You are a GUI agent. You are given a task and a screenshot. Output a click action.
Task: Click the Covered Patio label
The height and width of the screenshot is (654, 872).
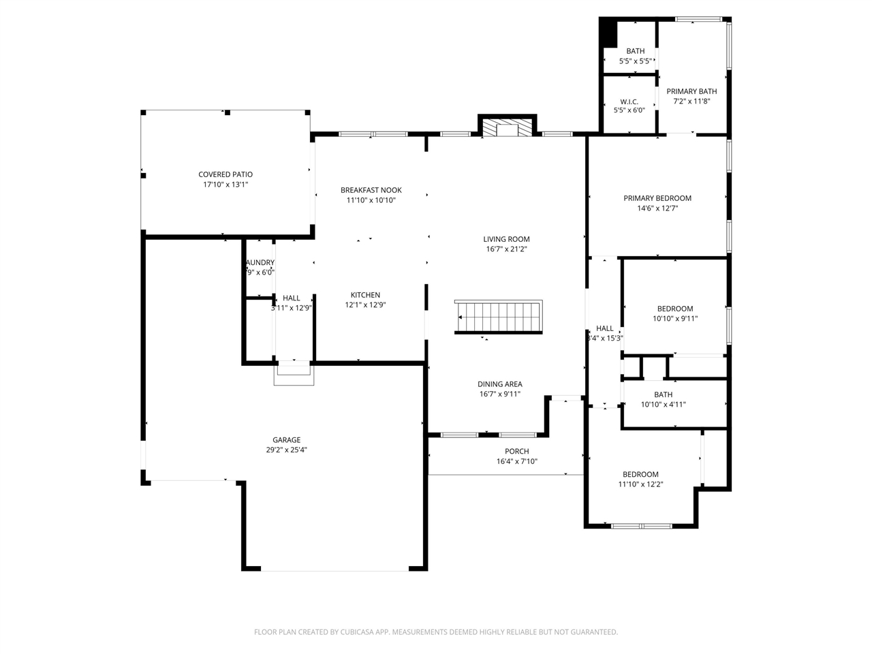click(225, 174)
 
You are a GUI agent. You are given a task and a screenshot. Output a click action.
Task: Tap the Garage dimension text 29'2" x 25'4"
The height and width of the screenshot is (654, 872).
click(287, 450)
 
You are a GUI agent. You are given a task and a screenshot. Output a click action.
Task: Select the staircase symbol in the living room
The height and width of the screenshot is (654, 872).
click(499, 317)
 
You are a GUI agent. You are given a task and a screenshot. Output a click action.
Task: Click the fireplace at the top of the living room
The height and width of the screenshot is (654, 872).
click(508, 128)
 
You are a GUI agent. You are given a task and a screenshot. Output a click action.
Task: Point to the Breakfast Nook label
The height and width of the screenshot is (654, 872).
click(371, 190)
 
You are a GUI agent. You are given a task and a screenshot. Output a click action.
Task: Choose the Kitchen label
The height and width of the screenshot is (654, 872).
click(365, 295)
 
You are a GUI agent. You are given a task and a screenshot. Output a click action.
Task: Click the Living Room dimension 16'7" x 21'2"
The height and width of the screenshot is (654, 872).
click(506, 249)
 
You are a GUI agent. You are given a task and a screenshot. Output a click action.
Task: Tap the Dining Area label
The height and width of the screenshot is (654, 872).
click(499, 384)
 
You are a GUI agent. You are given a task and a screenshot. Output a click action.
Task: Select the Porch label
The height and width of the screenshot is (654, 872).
click(516, 451)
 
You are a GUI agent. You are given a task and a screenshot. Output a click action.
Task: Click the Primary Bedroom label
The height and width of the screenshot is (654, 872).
click(657, 198)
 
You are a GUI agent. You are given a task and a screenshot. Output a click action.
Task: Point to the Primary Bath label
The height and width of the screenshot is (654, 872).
click(691, 91)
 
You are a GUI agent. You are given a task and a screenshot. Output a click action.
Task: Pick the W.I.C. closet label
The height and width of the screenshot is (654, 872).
click(629, 102)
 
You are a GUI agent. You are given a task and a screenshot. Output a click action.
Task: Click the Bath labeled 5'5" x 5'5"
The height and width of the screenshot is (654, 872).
click(635, 51)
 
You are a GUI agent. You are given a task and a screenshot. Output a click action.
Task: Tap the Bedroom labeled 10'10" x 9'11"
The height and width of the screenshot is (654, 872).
click(674, 309)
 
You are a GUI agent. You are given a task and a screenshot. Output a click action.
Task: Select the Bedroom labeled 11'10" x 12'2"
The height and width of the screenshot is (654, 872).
click(640, 475)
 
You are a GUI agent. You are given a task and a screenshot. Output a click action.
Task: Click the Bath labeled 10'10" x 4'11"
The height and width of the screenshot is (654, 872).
click(663, 394)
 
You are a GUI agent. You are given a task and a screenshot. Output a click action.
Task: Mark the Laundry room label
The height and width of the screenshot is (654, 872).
click(260, 262)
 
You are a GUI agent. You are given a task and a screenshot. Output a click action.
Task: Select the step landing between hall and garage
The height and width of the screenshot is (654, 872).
click(294, 375)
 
